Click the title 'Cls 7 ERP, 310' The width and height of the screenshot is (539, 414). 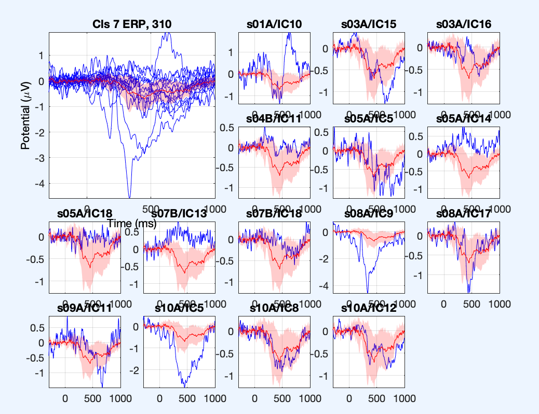(x=132, y=24)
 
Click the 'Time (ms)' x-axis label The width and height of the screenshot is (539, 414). (x=132, y=223)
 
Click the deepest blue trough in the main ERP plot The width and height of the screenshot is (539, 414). (x=129, y=197)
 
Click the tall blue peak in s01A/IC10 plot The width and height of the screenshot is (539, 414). (x=289, y=34)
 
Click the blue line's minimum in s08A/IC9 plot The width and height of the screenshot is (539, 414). (x=368, y=292)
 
